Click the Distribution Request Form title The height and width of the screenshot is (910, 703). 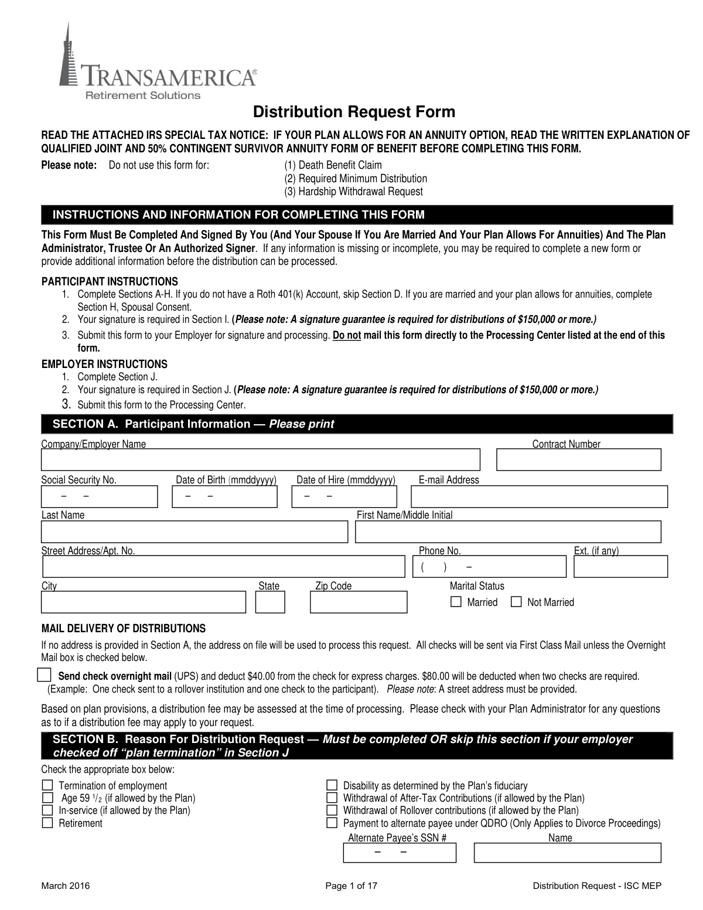[x=353, y=112]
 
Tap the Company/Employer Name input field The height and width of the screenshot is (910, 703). [x=260, y=460]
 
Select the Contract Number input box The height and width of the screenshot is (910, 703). [x=578, y=460]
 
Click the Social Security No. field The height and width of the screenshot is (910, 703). [x=99, y=497]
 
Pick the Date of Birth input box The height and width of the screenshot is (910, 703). [x=224, y=497]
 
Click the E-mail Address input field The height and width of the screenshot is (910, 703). [x=539, y=497]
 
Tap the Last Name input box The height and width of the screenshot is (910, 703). [x=194, y=531]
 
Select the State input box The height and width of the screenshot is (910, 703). [x=270, y=602]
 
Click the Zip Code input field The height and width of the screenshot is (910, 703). [x=358, y=602]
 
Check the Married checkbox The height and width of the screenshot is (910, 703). [x=456, y=602]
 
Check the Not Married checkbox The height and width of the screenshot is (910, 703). [x=516, y=602]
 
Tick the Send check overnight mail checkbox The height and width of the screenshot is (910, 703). [x=44, y=674]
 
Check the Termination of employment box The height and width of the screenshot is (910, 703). [x=47, y=785]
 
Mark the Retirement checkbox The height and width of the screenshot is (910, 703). [x=47, y=823]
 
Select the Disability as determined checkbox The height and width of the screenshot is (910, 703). [x=332, y=785]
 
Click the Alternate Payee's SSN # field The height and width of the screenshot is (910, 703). [x=399, y=853]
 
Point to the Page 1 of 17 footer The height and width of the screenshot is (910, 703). [x=351, y=886]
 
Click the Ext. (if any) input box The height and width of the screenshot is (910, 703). [x=620, y=567]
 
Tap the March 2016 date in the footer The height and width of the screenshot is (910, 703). [x=65, y=886]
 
